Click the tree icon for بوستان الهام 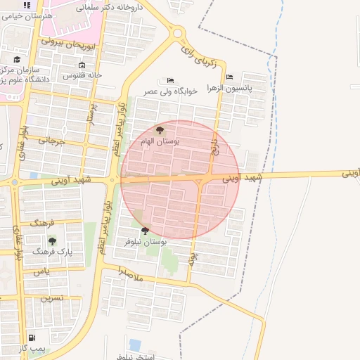pyautogui.click(x=160, y=130)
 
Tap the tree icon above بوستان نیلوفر pyautogui.click(x=145, y=231)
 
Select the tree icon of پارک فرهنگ pyautogui.click(x=52, y=241)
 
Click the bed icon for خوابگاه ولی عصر pyautogui.click(x=169, y=81)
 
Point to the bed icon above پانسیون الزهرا pyautogui.click(x=229, y=77)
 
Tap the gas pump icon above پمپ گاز pyautogui.click(x=32, y=338)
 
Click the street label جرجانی pyautogui.click(x=51, y=141)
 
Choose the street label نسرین pyautogui.click(x=52, y=298)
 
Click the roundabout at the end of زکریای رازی pyautogui.click(x=178, y=32)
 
